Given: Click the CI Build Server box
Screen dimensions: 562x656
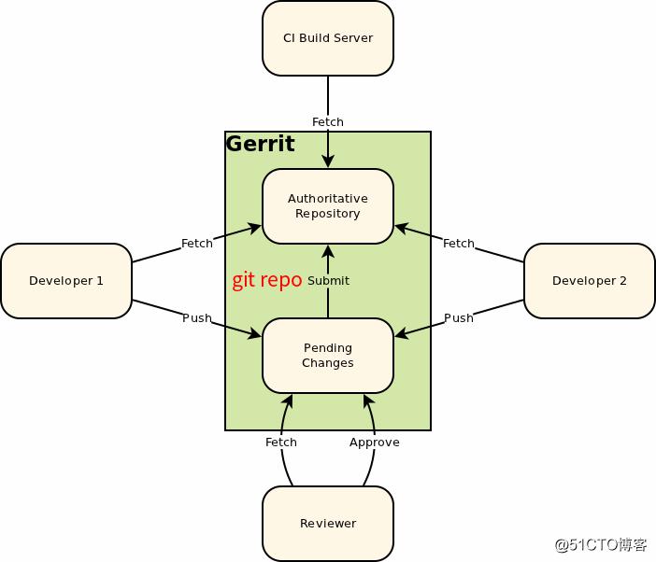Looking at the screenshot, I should (x=328, y=38).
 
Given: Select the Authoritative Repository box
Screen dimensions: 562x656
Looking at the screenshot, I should (x=328, y=206).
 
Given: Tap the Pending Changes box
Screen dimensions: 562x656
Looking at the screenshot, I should (x=328, y=356).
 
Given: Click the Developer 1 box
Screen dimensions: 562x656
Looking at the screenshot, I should (x=66, y=281).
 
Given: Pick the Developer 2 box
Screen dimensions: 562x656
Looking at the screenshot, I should (x=590, y=281).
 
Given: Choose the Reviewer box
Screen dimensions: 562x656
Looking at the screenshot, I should (x=328, y=524).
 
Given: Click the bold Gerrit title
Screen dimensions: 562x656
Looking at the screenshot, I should (x=261, y=144).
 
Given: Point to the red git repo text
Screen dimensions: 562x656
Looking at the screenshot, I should (x=267, y=280).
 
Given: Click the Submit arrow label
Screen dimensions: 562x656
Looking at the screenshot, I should (x=328, y=281).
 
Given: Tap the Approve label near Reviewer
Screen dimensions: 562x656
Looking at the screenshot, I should (x=375, y=443).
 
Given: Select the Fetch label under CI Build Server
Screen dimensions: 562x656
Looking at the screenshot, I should (x=328, y=122).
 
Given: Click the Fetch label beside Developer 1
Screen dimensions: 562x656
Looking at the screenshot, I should (x=197, y=244).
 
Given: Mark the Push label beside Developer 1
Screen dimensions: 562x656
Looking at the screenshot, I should (x=197, y=318).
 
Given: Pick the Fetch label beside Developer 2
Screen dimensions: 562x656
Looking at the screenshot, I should (x=459, y=244).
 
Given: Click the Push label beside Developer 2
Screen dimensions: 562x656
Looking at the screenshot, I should (x=459, y=318).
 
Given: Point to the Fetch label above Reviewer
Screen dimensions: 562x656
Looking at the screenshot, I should (x=281, y=443).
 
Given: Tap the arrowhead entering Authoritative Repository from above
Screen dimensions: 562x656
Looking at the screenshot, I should (x=328, y=162).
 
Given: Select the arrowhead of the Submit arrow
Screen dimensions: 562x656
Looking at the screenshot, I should (x=328, y=250).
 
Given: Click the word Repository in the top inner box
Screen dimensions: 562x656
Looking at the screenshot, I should (x=328, y=214).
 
